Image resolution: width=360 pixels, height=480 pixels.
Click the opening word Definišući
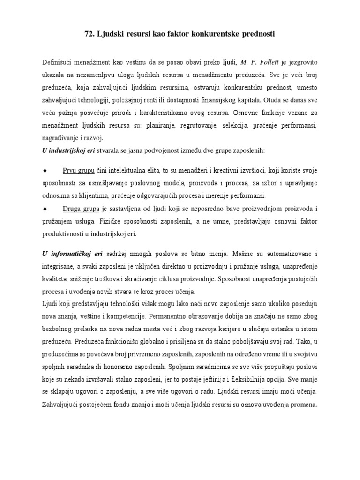(x=58, y=61)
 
